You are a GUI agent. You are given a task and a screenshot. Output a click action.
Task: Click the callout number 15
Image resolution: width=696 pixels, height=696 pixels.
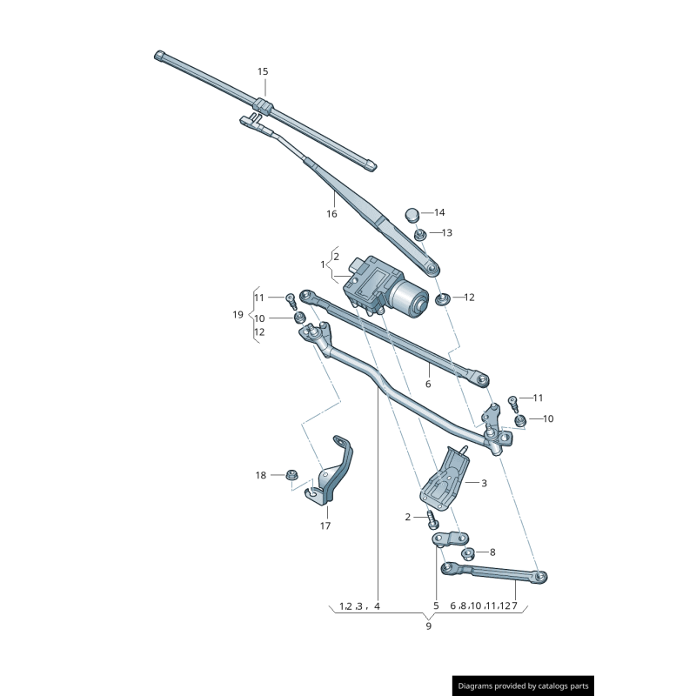click(x=263, y=71)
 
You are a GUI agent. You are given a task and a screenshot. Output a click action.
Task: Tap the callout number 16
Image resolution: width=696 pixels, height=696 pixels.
click(x=331, y=214)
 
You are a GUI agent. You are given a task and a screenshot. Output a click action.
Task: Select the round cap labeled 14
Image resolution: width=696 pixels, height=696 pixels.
click(x=412, y=214)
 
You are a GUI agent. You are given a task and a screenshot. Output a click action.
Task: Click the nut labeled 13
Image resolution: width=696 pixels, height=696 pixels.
click(x=419, y=233)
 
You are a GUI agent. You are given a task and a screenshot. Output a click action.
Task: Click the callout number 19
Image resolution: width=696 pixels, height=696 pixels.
click(x=238, y=315)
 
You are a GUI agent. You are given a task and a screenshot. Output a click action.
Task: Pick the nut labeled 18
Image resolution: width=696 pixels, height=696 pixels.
click(x=291, y=475)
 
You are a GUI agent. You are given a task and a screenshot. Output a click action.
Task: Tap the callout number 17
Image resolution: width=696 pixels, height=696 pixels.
click(x=325, y=525)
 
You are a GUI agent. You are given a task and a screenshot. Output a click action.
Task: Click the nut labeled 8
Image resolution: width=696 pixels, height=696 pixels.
click(x=467, y=552)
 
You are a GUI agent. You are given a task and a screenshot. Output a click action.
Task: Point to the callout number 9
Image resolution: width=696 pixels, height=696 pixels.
click(x=428, y=626)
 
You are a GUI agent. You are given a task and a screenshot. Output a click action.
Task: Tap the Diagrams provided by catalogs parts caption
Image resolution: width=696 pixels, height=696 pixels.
click(x=524, y=686)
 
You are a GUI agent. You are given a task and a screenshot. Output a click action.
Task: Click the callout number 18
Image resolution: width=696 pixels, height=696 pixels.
click(x=261, y=475)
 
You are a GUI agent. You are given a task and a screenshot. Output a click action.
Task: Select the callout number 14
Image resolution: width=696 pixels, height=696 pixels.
click(x=439, y=212)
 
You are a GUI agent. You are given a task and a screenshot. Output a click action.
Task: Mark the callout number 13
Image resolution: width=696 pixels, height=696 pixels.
click(x=446, y=233)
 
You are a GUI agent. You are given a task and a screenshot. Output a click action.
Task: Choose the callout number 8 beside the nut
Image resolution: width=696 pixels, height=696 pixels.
click(x=492, y=552)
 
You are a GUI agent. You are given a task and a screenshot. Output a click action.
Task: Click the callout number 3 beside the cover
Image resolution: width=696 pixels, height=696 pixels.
click(x=484, y=482)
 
